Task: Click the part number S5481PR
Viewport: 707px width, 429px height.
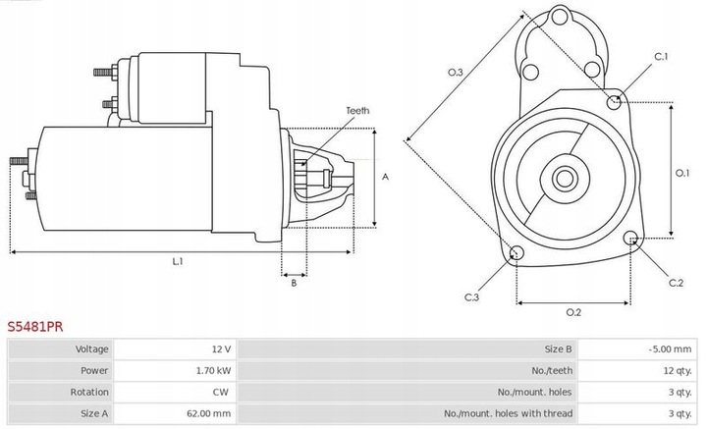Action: [x=35, y=326]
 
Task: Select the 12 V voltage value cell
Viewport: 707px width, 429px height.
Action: [x=221, y=349]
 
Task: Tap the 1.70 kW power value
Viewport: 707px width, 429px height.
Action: [x=213, y=370]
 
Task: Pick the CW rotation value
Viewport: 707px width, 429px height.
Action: [x=221, y=392]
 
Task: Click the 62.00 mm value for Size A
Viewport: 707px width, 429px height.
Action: [x=209, y=413]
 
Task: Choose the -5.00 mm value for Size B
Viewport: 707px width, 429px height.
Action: [x=670, y=349]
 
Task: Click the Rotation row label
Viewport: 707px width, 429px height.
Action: [x=89, y=392]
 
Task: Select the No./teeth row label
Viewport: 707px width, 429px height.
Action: [x=552, y=370]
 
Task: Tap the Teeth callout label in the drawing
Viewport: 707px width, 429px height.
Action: [x=357, y=110]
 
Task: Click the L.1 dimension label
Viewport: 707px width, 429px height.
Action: [x=178, y=261]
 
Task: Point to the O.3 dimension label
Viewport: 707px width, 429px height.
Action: [x=455, y=72]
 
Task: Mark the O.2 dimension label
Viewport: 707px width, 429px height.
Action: [x=573, y=312]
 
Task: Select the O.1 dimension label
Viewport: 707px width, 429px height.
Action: [x=682, y=173]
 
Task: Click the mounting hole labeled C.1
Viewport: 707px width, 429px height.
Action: [x=614, y=103]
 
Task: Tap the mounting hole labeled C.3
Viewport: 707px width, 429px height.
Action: [x=517, y=252]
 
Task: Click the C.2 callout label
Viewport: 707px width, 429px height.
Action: [x=676, y=283]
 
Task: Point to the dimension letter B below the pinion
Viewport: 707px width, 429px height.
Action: [x=294, y=283]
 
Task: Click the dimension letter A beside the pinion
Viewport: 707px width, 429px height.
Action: [x=385, y=177]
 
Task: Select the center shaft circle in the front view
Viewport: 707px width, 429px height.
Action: [x=565, y=179]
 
